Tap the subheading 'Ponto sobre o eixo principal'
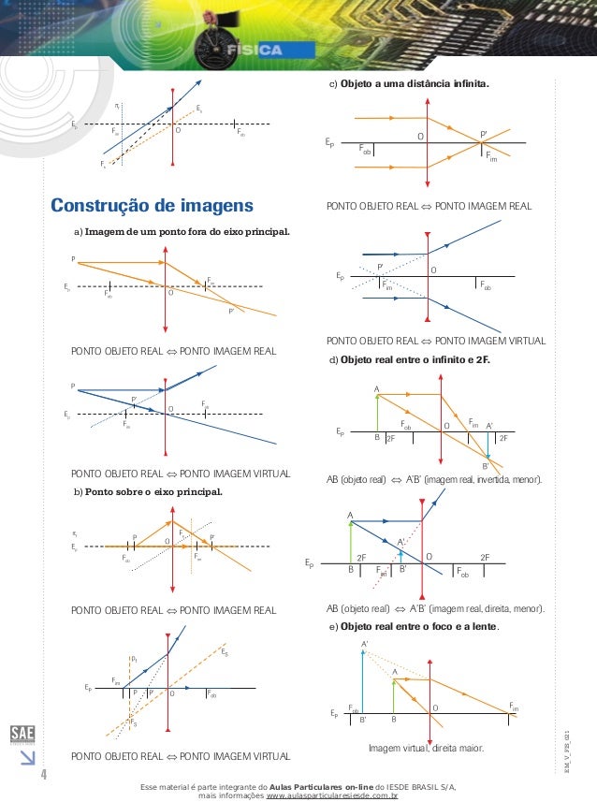point(153,489)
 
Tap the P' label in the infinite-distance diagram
point(484,134)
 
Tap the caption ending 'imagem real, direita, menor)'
point(434,609)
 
